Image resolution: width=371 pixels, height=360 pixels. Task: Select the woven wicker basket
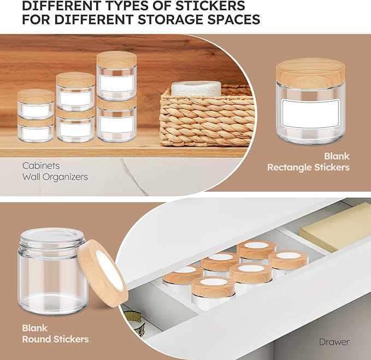coord(207,120)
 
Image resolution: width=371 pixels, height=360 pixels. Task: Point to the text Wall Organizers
coord(55,177)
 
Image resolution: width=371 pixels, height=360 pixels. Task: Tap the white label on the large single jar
coord(310,114)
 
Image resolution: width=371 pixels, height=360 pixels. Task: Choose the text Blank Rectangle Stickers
coord(308,162)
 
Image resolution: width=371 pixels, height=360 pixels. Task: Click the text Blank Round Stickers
coord(55,334)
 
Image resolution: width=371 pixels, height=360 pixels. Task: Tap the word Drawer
coord(334,342)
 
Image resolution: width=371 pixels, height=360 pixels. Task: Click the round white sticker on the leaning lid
coord(107,268)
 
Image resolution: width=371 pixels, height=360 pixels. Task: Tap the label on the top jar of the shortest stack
coord(36,111)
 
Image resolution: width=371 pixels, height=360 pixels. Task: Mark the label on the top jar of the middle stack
coord(75,98)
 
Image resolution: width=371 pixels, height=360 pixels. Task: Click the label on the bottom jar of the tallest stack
coord(116,123)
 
